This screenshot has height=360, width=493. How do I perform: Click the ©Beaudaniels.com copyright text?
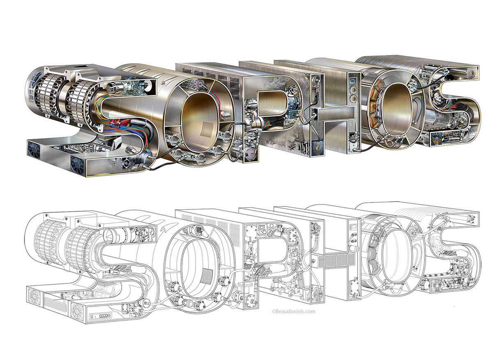[x=293, y=312]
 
